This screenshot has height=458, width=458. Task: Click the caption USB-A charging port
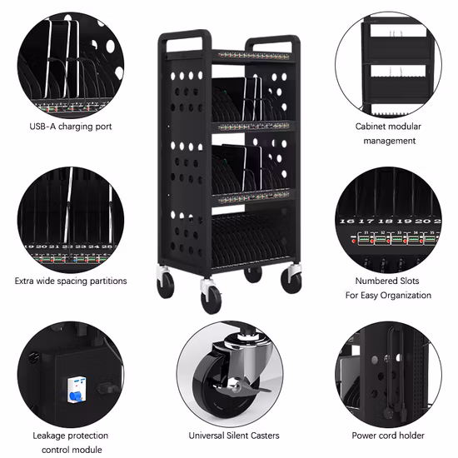pos(70,127)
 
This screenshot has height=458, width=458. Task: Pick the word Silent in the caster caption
pos(240,436)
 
